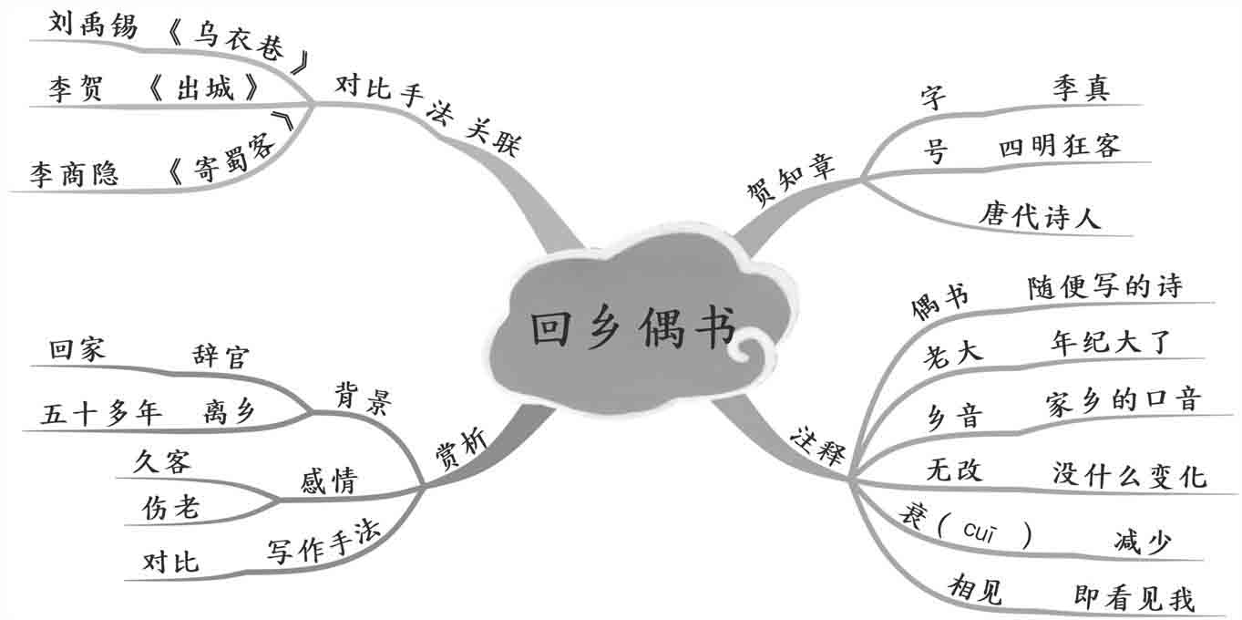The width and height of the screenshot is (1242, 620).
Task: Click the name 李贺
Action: [x=76, y=89]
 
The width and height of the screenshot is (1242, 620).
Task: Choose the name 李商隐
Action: [x=74, y=173]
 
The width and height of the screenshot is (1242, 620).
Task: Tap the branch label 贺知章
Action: [x=790, y=179]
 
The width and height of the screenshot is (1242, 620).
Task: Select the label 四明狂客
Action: [x=1059, y=146]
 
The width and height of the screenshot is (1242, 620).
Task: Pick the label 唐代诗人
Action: [x=1041, y=216]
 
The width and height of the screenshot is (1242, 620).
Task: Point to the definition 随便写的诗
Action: [x=1104, y=286]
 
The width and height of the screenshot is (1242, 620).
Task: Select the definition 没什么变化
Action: [x=1129, y=474]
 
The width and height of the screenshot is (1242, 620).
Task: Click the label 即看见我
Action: [x=1134, y=598]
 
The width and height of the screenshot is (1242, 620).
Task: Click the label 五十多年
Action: [x=101, y=413]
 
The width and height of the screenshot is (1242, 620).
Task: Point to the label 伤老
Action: [x=170, y=508]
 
